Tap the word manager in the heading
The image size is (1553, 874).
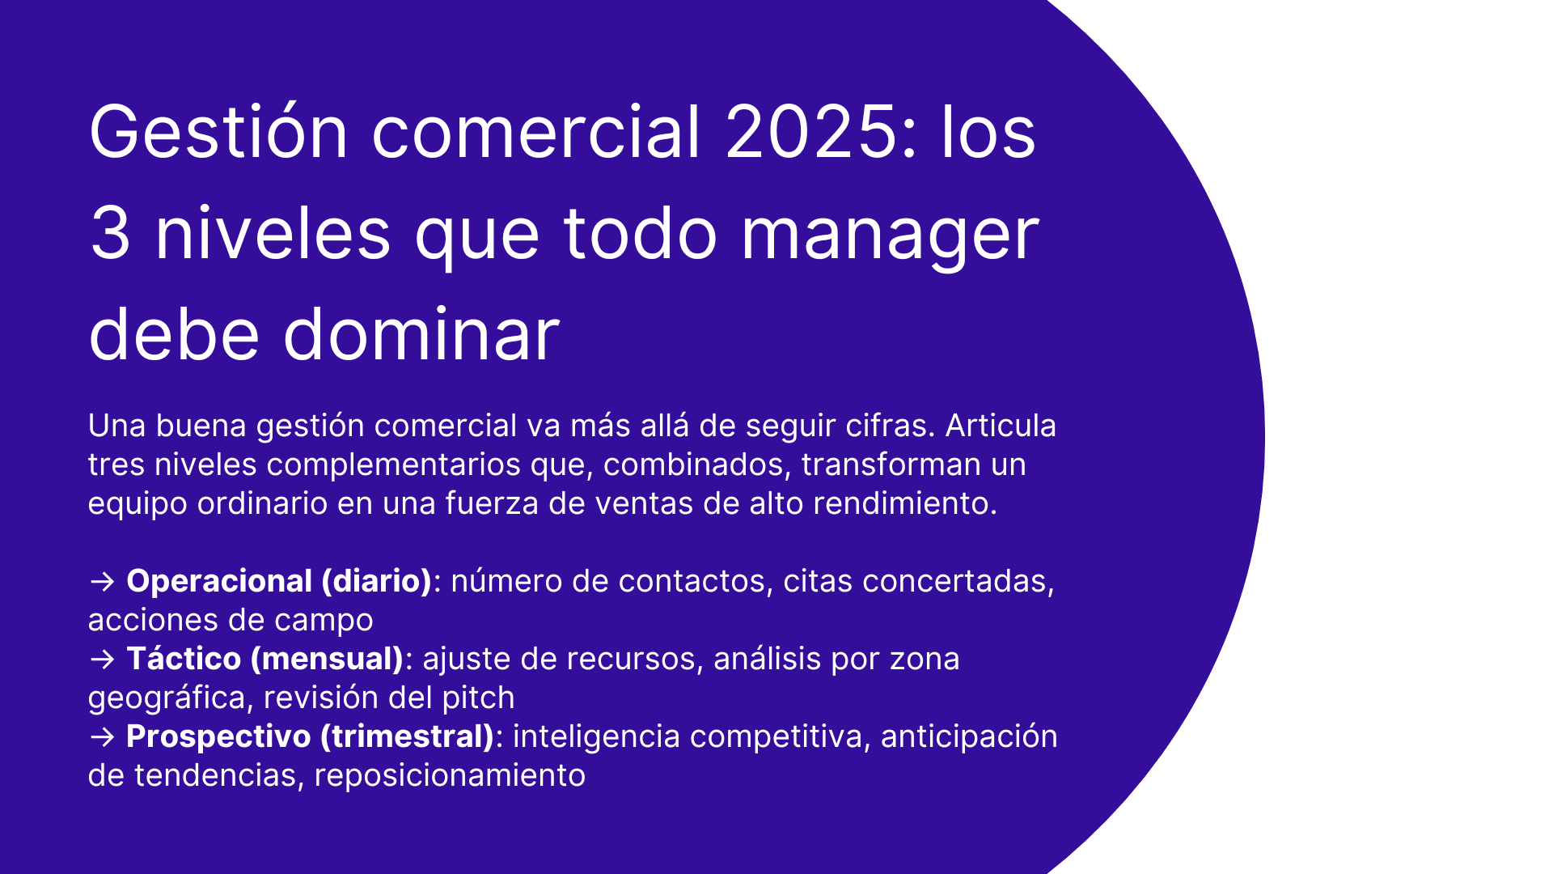coord(890,235)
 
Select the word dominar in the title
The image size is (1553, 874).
coord(421,334)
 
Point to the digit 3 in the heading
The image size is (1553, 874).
coord(110,235)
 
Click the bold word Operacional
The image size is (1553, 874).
coord(219,581)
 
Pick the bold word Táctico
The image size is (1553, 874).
coord(184,659)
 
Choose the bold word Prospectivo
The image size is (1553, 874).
coord(218,736)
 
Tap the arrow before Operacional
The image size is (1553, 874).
coord(103,582)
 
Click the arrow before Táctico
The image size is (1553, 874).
coord(103,660)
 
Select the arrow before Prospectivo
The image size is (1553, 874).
coord(103,737)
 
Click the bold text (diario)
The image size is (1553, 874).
coord(377,581)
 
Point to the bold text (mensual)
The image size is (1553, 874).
coord(327,659)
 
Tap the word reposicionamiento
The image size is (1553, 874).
coord(450,775)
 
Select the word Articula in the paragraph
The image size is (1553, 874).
coord(1001,426)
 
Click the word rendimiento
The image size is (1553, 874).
coord(904,503)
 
